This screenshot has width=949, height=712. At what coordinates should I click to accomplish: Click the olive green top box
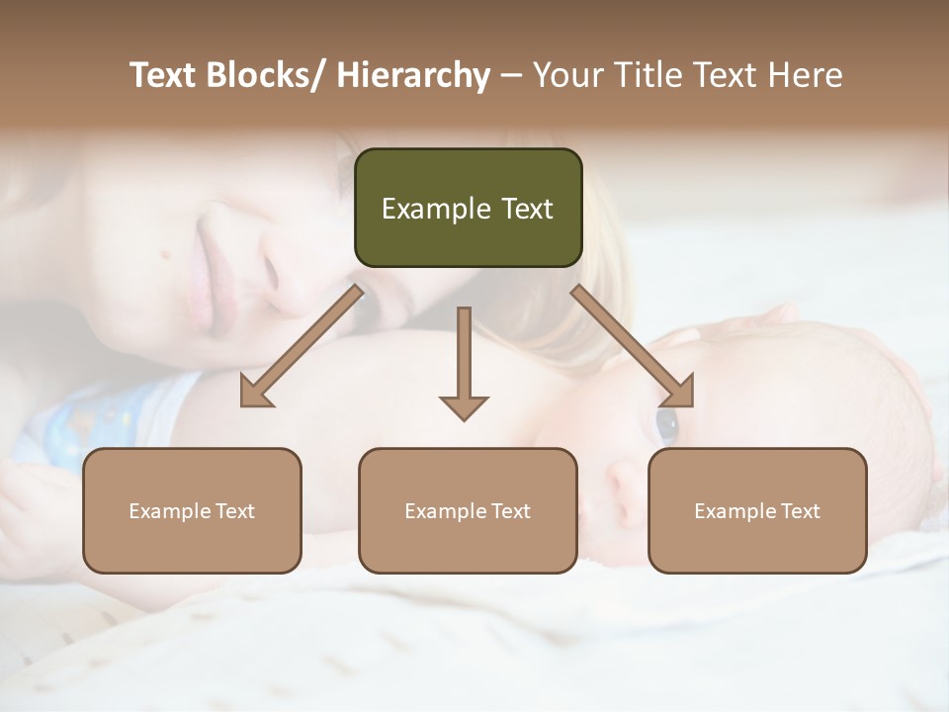[468, 208]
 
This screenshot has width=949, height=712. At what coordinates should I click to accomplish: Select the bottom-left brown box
[192, 510]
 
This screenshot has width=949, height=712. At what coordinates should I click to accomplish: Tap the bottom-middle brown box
[468, 510]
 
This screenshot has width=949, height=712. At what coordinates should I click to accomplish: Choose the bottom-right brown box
[757, 510]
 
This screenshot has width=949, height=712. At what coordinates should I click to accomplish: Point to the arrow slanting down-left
[302, 346]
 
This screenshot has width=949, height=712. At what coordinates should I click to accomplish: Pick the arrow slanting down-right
[633, 346]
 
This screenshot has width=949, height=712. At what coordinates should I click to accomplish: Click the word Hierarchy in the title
[413, 75]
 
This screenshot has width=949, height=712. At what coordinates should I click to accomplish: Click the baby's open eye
[667, 424]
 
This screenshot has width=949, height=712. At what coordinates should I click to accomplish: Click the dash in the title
[510, 75]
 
